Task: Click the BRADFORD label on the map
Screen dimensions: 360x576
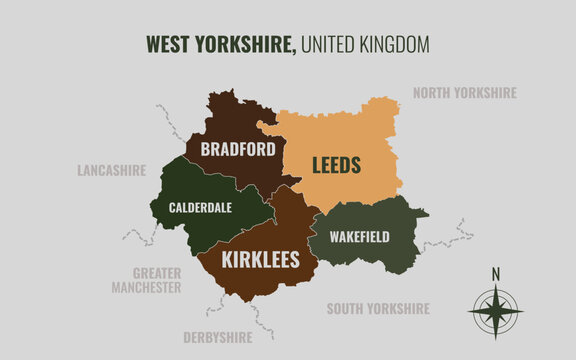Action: [238, 150]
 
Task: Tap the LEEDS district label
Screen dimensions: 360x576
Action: [336, 164]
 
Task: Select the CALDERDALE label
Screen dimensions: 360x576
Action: [200, 208]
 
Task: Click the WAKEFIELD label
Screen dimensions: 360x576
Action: [360, 237]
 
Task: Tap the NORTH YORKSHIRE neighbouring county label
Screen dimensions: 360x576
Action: [465, 93]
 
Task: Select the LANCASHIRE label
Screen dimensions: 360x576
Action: [112, 170]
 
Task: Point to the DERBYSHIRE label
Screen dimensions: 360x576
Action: [217, 337]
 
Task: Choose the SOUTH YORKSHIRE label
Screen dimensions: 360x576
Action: [378, 309]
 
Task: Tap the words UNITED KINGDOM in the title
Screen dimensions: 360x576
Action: [365, 44]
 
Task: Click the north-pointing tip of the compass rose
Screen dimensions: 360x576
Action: [495, 288]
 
